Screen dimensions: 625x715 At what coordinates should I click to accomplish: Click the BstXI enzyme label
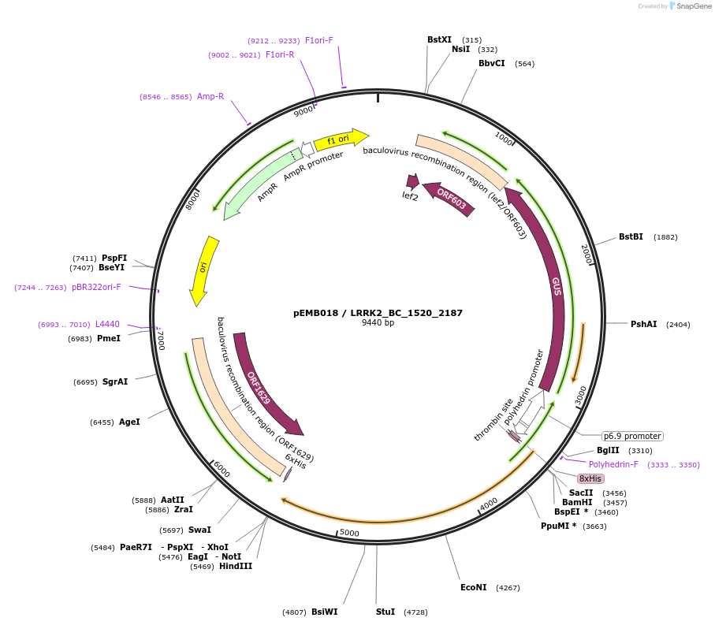click(x=439, y=39)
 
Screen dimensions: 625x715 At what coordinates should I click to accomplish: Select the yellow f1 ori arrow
click(x=340, y=140)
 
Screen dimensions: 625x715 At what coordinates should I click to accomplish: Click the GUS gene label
click(x=557, y=286)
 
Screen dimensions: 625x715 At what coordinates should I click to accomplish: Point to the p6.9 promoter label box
click(x=632, y=436)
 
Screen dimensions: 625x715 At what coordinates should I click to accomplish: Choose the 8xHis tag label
click(x=590, y=478)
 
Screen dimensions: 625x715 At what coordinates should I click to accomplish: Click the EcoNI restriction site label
click(x=474, y=587)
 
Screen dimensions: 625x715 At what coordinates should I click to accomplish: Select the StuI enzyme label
click(x=385, y=612)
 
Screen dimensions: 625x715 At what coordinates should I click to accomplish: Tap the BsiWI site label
click(x=324, y=612)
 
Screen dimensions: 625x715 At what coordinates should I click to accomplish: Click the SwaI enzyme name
click(x=199, y=530)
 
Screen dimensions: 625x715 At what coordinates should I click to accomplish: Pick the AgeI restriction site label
click(x=129, y=422)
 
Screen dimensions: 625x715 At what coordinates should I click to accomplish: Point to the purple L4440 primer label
click(x=107, y=325)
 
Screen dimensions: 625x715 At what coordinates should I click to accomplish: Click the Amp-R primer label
click(x=210, y=96)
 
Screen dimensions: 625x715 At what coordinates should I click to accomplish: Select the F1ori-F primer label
click(x=319, y=40)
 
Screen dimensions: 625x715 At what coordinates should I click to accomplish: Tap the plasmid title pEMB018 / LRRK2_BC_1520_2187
click(x=378, y=313)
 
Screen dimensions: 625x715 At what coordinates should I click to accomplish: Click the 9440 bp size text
click(x=378, y=323)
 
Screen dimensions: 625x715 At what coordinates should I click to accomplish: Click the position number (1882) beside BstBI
click(x=665, y=236)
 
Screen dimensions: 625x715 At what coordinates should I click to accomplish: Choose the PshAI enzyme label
click(x=643, y=324)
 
